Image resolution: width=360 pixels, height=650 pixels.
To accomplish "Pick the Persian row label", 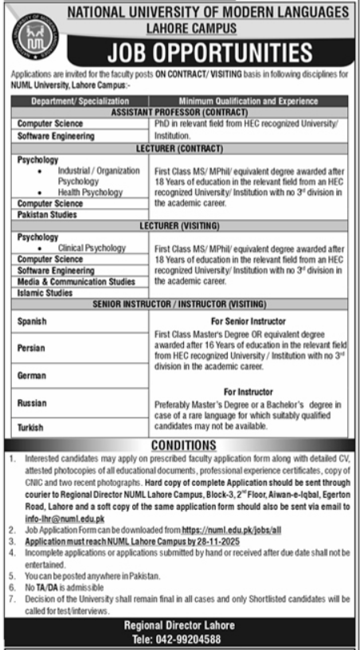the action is pos(31,348).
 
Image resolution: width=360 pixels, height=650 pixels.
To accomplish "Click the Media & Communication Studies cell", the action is pos(76,281).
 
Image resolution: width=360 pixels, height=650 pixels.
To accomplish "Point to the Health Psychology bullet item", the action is pos(90,193).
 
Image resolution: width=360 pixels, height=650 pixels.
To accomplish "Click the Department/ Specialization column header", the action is pos(80,102).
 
